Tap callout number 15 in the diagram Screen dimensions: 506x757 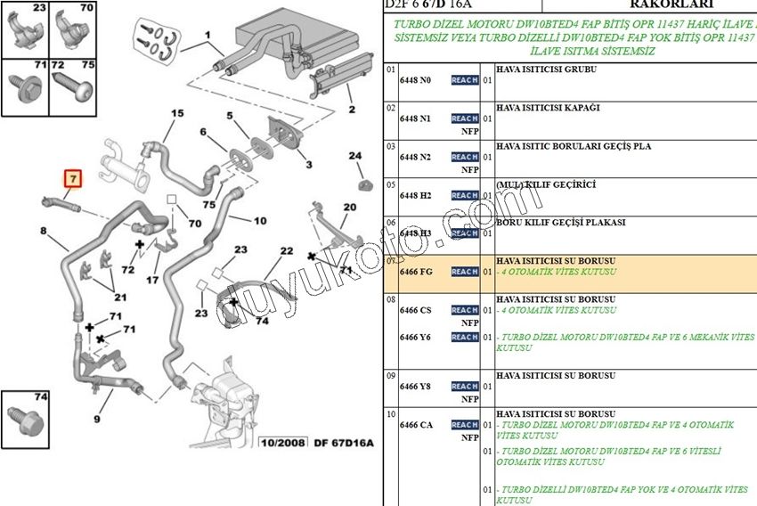coord(176,113)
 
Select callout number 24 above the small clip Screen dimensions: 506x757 coord(355,157)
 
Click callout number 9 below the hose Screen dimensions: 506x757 coord(96,419)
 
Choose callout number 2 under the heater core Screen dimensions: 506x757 coord(351,110)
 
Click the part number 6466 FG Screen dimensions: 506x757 coord(416,272)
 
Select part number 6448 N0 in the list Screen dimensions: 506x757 coord(415,80)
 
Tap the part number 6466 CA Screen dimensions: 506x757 coord(416,425)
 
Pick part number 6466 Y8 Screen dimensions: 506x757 coord(415,387)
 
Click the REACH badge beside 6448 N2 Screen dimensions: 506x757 coord(465,157)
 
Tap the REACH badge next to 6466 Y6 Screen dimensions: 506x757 coord(465,337)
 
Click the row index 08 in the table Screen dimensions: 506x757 coord(390,300)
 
